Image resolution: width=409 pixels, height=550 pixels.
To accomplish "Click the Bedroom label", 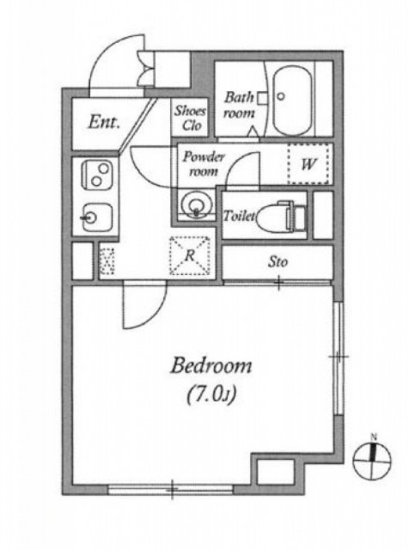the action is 211,366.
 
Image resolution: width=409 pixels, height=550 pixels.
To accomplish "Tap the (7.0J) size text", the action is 211,396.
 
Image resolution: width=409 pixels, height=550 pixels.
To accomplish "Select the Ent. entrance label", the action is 104,122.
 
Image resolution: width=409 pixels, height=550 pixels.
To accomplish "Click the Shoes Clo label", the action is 190,118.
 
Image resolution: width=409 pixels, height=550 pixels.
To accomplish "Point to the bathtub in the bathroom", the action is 292,101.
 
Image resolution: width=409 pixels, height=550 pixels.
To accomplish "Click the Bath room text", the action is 239,105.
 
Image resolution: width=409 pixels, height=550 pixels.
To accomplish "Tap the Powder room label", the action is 203,164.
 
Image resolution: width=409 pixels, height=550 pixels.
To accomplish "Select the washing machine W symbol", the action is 308,163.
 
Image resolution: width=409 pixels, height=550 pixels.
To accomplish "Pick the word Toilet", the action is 240,216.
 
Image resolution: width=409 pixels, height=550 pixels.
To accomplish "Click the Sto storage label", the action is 278,262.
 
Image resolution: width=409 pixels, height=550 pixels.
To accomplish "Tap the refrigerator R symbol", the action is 190,256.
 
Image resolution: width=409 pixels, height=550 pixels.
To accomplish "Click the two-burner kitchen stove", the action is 97,174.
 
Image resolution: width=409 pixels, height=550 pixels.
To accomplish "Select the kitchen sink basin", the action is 97,217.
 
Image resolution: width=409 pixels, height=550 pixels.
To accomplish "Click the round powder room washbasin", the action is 197,204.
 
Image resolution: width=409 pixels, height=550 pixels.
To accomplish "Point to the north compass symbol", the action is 372,457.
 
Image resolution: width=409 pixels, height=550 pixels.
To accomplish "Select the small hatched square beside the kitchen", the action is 107,261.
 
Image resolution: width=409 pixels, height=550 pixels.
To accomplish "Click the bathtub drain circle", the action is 281,95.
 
